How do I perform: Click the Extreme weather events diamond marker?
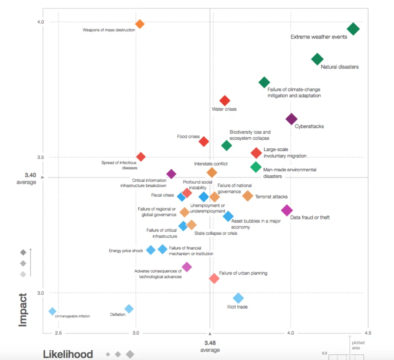pyautogui.click(x=353, y=29)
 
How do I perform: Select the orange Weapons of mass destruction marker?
pyautogui.click(x=140, y=24)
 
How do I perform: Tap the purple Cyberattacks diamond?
pyautogui.click(x=291, y=119)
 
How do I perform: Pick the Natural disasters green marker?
pyautogui.click(x=318, y=59)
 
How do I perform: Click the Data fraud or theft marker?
pyautogui.click(x=287, y=210)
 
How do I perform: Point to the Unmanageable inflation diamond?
pyautogui.click(x=53, y=311)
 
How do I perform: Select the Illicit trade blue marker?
pyautogui.click(x=238, y=298)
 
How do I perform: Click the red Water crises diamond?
pyautogui.click(x=225, y=101)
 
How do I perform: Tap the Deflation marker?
pyautogui.click(x=129, y=309)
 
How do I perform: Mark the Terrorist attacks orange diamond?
pyautogui.click(x=247, y=196)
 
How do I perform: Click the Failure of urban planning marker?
pyautogui.click(x=214, y=278)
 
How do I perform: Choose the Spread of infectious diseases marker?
pyautogui.click(x=141, y=157)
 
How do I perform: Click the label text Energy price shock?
pyautogui.click(x=125, y=251)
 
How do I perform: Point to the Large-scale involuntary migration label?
pyautogui.click(x=285, y=153)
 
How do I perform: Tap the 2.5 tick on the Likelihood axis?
pyautogui.click(x=58, y=333)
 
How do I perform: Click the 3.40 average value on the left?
pyautogui.click(x=30, y=175)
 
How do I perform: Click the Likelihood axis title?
pyautogui.click(x=68, y=354)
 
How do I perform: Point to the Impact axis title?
pyautogui.click(x=23, y=309)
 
